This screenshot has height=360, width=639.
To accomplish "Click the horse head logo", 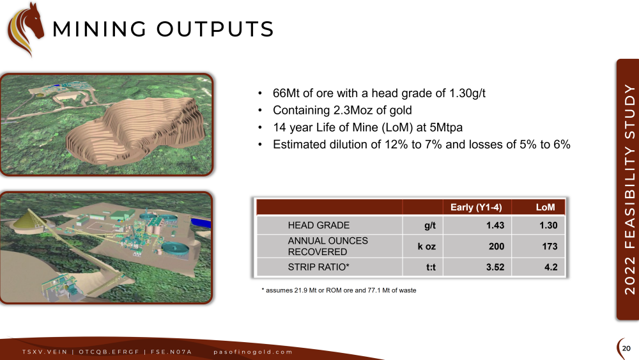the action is [26, 29].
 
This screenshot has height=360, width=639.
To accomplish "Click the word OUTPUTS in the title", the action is [215, 29].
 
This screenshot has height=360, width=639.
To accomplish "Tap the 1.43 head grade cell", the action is [495, 226].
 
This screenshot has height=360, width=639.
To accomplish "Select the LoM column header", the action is [545, 207].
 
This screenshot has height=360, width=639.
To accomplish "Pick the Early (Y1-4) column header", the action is [476, 207].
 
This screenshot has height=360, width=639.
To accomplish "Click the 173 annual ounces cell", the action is [550, 246].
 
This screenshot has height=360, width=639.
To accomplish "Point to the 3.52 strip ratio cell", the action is [495, 267].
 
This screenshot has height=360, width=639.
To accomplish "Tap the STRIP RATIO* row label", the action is [319, 267].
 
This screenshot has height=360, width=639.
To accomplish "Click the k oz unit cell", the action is [427, 246].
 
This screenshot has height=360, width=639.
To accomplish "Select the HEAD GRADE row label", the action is [319, 226].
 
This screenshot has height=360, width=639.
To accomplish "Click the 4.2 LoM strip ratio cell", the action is [551, 267].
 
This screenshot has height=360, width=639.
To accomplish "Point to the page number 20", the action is [626, 348].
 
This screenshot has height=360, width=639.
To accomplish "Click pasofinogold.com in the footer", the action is [253, 352].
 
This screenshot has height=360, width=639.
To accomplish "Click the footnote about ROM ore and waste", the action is [339, 290].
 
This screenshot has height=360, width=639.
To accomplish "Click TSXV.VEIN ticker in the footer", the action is [45, 352].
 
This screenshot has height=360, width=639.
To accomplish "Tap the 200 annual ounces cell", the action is [497, 246].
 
